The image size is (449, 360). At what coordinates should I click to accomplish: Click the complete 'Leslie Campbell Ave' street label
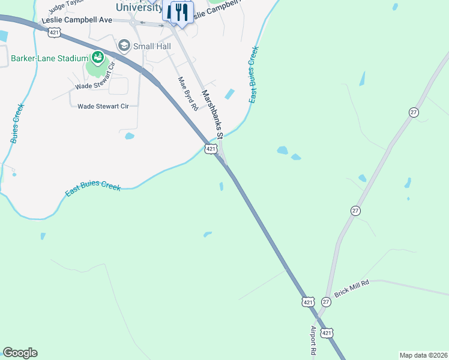pyautogui.click(x=77, y=20)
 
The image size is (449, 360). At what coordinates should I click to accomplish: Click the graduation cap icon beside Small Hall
pyautogui.click(x=124, y=45)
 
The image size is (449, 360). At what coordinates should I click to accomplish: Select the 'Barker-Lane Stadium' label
pyautogui.click(x=49, y=59)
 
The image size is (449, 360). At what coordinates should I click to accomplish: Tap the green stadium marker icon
pyautogui.click(x=96, y=58)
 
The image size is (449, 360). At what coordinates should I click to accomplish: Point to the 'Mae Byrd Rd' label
pyautogui.click(x=187, y=94)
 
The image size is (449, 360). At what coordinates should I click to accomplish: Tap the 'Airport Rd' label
pyautogui.click(x=313, y=342)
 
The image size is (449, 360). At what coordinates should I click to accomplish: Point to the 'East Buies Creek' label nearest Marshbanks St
pyautogui.click(x=254, y=74)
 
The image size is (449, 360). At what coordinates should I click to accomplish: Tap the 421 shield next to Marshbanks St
pyautogui.click(x=211, y=148)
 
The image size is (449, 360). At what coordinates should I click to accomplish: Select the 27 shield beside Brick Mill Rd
pyautogui.click(x=326, y=302)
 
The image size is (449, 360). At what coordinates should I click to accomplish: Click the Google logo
pyautogui.click(x=20, y=353)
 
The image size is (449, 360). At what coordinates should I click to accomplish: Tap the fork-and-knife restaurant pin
pyautogui.click(x=182, y=12)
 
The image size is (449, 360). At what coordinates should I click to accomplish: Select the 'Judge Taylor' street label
pyautogui.click(x=64, y=5)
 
